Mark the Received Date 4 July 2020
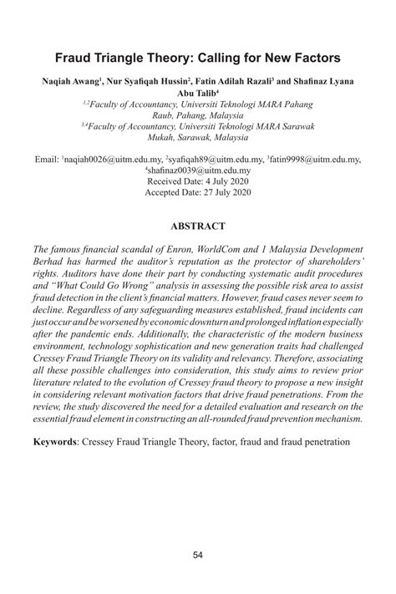coord(198,180)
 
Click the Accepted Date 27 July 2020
coord(198,190)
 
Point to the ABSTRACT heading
coord(198,226)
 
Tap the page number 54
coord(198,556)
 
